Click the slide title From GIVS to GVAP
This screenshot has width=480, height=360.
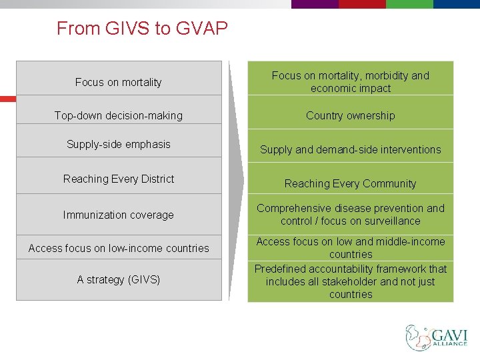tap(142, 29)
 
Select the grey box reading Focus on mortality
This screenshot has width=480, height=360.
tap(119, 79)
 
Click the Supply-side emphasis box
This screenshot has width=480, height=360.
tap(119, 144)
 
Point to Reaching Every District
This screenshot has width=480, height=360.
tap(119, 179)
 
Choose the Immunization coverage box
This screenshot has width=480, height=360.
tap(119, 215)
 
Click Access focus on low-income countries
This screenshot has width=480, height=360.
tap(119, 248)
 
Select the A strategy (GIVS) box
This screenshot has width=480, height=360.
tap(119, 279)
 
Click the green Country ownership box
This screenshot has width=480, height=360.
tap(350, 115)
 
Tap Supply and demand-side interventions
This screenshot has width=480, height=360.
tap(350, 149)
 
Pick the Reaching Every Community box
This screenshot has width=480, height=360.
tap(350, 183)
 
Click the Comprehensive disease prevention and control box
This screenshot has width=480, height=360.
tap(350, 214)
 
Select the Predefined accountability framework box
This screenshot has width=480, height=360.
tap(350, 281)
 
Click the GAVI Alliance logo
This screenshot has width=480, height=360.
tap(437, 337)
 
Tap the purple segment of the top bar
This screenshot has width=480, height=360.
tap(315, 4)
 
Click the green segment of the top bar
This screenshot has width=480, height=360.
tap(409, 4)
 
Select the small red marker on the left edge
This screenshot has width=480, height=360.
tap(7, 99)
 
